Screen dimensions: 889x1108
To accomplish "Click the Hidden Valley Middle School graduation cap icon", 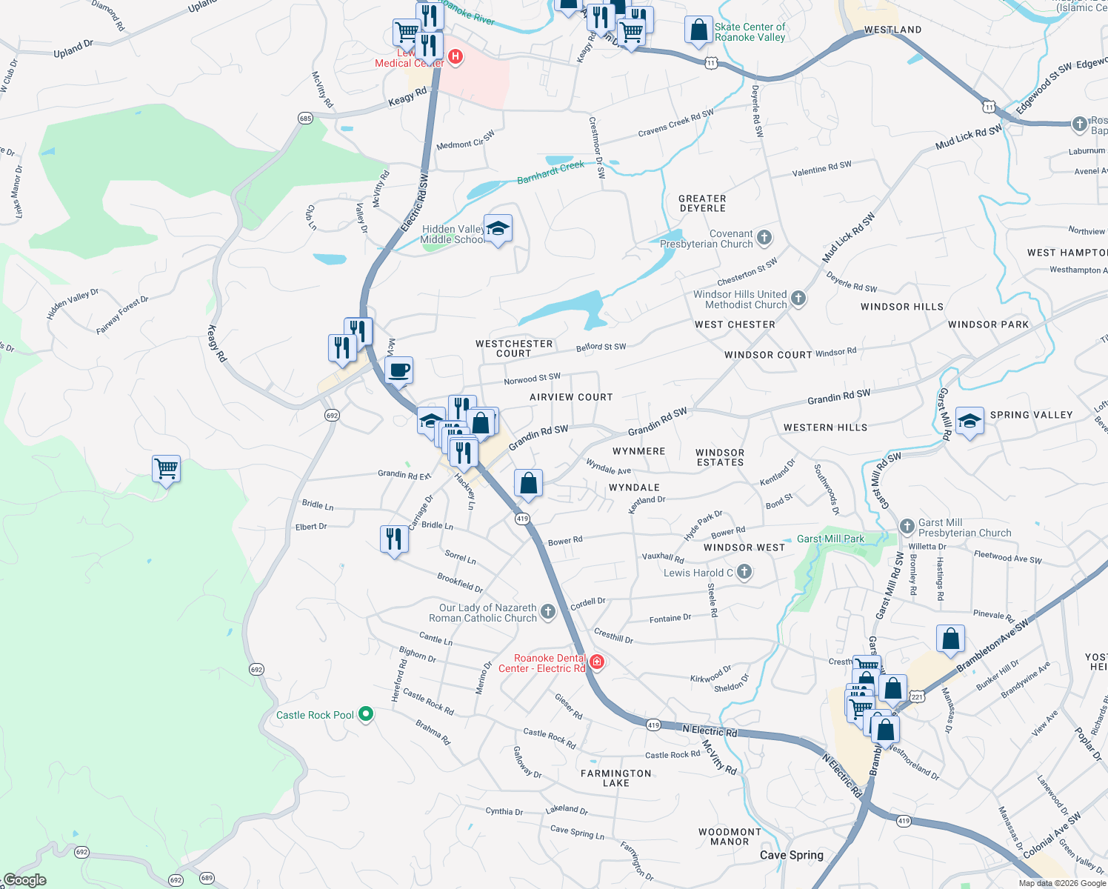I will pyautogui.click(x=498, y=229).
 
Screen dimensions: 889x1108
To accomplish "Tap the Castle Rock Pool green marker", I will pyautogui.click(x=365, y=715).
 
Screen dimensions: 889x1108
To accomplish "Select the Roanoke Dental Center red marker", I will pyautogui.click(x=597, y=662).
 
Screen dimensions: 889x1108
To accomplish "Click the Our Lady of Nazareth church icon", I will pyautogui.click(x=547, y=612).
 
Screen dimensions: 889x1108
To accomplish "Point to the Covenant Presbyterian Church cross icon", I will pyautogui.click(x=764, y=238).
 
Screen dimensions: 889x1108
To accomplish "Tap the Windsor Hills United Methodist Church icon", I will pyautogui.click(x=798, y=299).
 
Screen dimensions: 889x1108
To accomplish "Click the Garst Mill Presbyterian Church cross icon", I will pyautogui.click(x=907, y=527).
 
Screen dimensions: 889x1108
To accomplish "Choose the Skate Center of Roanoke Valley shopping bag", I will pyautogui.click(x=698, y=30).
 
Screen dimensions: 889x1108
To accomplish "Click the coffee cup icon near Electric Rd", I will pyautogui.click(x=399, y=370).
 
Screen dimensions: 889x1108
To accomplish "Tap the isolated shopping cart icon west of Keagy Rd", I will pyautogui.click(x=166, y=469).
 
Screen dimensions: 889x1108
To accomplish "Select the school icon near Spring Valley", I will pyautogui.click(x=969, y=422).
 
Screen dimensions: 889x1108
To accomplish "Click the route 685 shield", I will pyautogui.click(x=305, y=119).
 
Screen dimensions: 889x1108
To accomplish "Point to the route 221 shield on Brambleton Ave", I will pyautogui.click(x=917, y=697).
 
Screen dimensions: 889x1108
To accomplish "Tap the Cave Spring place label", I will pyautogui.click(x=791, y=855).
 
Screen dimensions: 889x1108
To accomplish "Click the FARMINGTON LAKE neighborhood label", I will pyautogui.click(x=616, y=778).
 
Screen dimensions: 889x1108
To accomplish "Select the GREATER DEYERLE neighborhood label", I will pyautogui.click(x=702, y=204).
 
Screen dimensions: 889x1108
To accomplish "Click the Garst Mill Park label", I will pyautogui.click(x=830, y=539).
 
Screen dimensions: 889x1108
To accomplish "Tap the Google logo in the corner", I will pyautogui.click(x=25, y=880).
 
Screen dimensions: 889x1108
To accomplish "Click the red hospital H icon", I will pyautogui.click(x=455, y=56).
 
